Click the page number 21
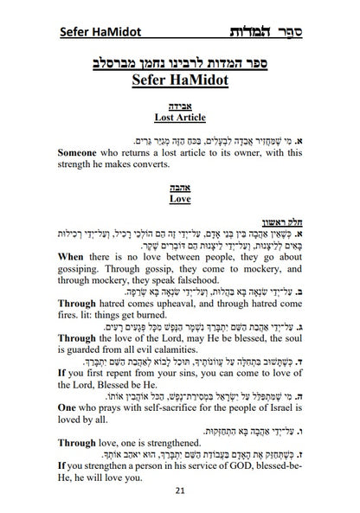tap(179, 491)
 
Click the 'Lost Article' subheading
tap(179, 116)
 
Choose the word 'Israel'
tap(282, 420)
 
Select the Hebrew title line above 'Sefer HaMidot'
tap(179, 64)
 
